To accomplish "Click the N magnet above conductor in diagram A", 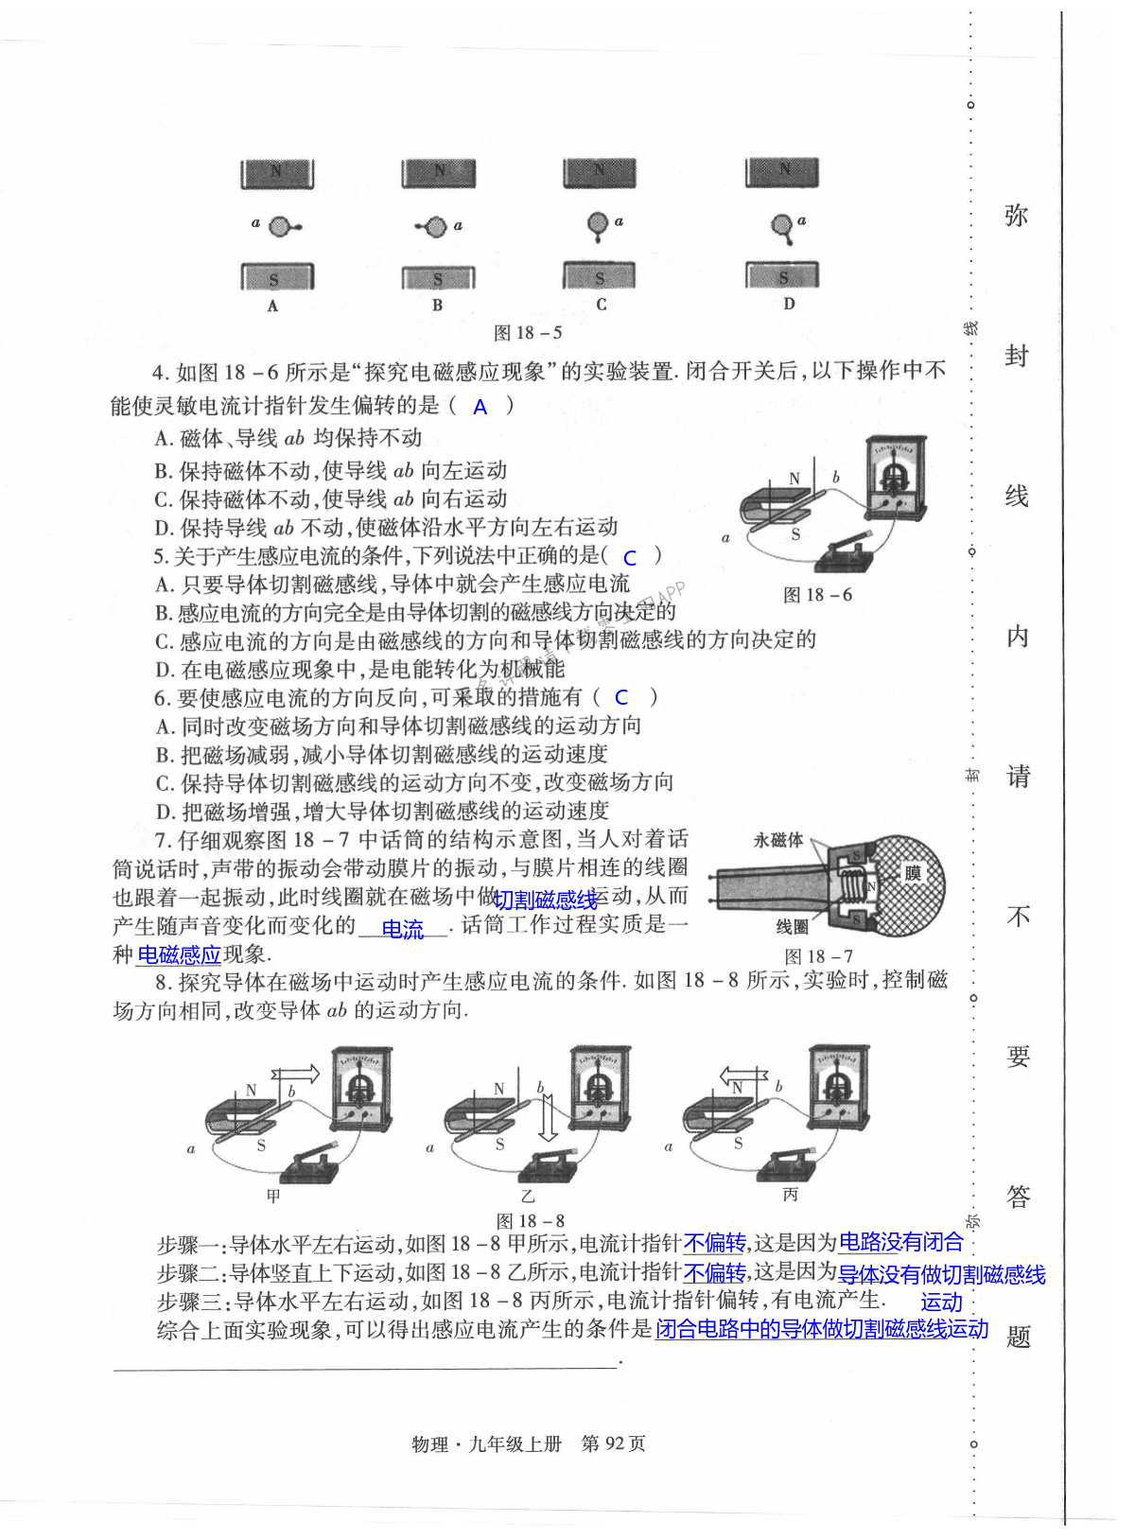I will tap(276, 173).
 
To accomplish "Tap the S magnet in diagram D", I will tap(782, 276).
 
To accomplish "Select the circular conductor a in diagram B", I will tap(435, 227).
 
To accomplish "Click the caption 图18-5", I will tap(528, 333).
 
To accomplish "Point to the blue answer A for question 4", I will tap(480, 408).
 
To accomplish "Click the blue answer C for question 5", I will tap(630, 558).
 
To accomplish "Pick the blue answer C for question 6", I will tap(621, 698).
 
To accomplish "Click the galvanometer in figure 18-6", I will tap(896, 480).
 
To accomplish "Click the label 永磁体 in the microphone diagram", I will tap(777, 840).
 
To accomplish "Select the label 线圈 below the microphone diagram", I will tap(793, 926).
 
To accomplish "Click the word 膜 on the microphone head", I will tap(912, 873).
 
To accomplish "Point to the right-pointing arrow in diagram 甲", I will tap(296, 1075).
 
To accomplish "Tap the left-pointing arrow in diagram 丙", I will tap(742, 1076).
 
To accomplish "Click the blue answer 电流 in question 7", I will tap(402, 930).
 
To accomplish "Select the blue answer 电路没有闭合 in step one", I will tap(900, 1242).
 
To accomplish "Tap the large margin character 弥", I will tap(1017, 217).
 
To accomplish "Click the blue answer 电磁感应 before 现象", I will tap(179, 955).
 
